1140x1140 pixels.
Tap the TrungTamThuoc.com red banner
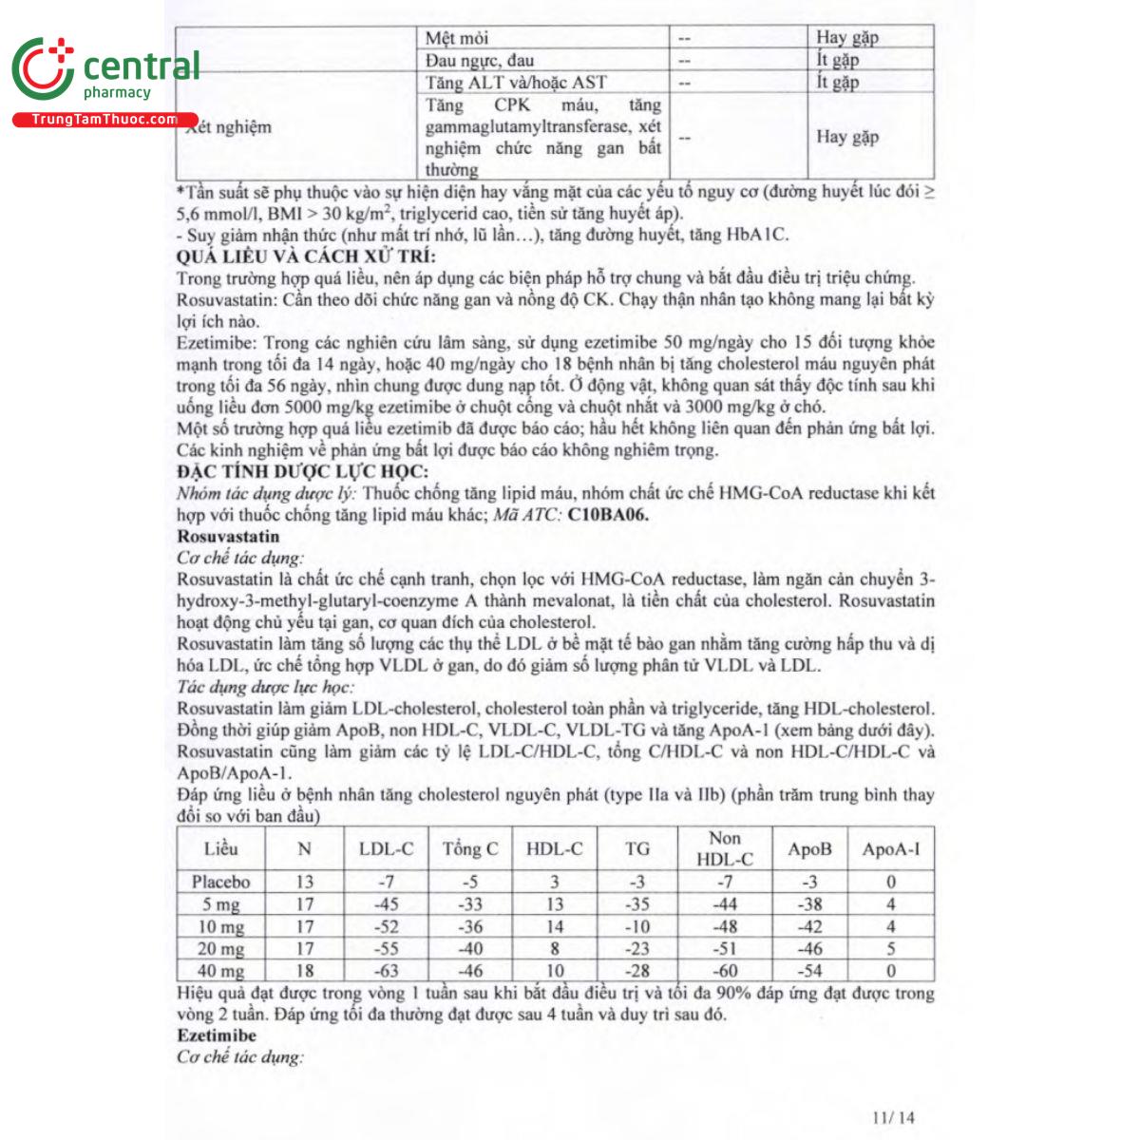(x=104, y=120)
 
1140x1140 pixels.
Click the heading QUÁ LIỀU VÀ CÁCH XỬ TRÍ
(x=306, y=256)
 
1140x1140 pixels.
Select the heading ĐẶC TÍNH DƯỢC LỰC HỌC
(x=302, y=472)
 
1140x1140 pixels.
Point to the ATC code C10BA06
(x=608, y=515)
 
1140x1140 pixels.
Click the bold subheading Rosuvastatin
(x=228, y=537)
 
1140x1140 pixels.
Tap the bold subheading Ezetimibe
(x=217, y=1035)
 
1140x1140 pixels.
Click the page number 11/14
(x=893, y=1117)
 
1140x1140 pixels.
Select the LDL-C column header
(x=386, y=849)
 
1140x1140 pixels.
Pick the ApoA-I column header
(x=890, y=849)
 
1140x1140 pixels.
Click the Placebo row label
(x=220, y=882)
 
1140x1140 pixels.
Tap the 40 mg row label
(x=220, y=971)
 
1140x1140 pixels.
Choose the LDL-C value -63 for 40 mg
(x=386, y=971)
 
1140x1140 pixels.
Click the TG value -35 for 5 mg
(x=637, y=904)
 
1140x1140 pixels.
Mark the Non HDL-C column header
(x=724, y=848)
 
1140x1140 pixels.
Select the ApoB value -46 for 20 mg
(x=809, y=948)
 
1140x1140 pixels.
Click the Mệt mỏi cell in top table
(x=457, y=38)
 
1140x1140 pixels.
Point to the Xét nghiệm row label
(x=229, y=127)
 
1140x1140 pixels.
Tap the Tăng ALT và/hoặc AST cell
(x=516, y=83)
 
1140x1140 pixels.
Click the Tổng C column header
(x=469, y=849)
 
